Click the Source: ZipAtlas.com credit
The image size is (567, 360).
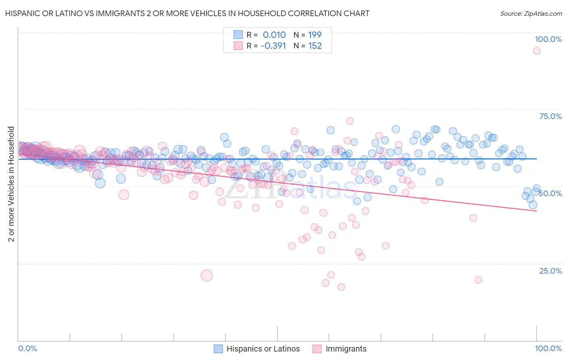(x=531, y=13)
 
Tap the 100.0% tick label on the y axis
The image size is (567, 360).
(x=548, y=39)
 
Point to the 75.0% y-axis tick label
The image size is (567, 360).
(x=550, y=116)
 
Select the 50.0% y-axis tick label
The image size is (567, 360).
(x=550, y=193)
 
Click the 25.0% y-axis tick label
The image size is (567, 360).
(x=550, y=270)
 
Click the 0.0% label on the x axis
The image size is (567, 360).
(x=27, y=348)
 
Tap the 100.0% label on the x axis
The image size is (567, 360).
(x=548, y=348)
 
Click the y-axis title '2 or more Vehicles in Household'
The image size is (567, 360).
(x=11, y=184)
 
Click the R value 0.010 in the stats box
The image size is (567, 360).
(x=274, y=35)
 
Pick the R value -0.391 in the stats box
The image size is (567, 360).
(x=273, y=46)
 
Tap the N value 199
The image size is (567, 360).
(x=315, y=35)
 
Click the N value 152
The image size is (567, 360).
(x=315, y=46)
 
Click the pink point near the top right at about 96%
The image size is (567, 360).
(x=536, y=51)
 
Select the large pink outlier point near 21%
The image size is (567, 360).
(x=206, y=275)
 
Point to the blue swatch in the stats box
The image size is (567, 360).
(x=238, y=35)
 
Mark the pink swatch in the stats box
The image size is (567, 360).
(x=238, y=46)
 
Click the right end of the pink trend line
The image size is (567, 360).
(x=536, y=211)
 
